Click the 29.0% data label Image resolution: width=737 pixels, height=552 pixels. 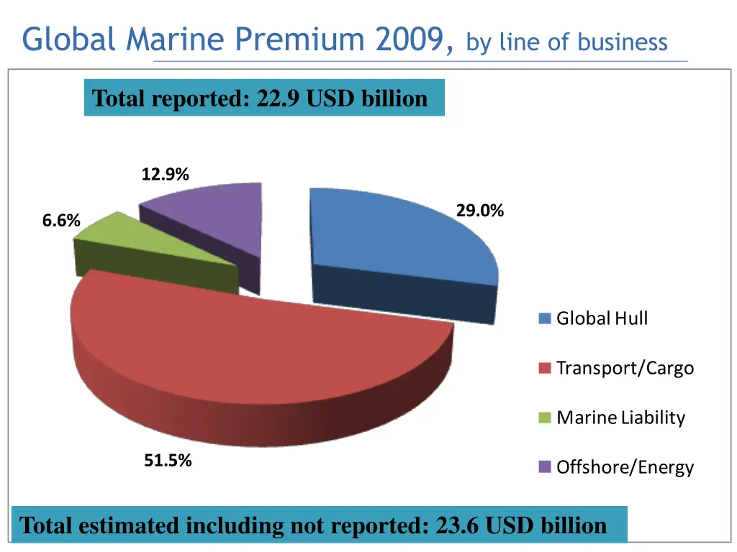point(479,211)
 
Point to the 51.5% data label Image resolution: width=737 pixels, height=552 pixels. point(168,461)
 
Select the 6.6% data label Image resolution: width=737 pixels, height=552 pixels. point(61,221)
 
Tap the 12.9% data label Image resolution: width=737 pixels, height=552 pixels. point(166,174)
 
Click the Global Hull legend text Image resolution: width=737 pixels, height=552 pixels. point(602,318)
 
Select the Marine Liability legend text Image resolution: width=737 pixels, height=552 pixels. point(620,418)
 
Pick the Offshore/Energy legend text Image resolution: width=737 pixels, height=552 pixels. point(625,467)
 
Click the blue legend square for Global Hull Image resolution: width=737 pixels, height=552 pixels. point(545,318)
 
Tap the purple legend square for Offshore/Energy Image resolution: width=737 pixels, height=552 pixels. point(545,467)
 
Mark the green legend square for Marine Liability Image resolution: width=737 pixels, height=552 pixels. point(545,418)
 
